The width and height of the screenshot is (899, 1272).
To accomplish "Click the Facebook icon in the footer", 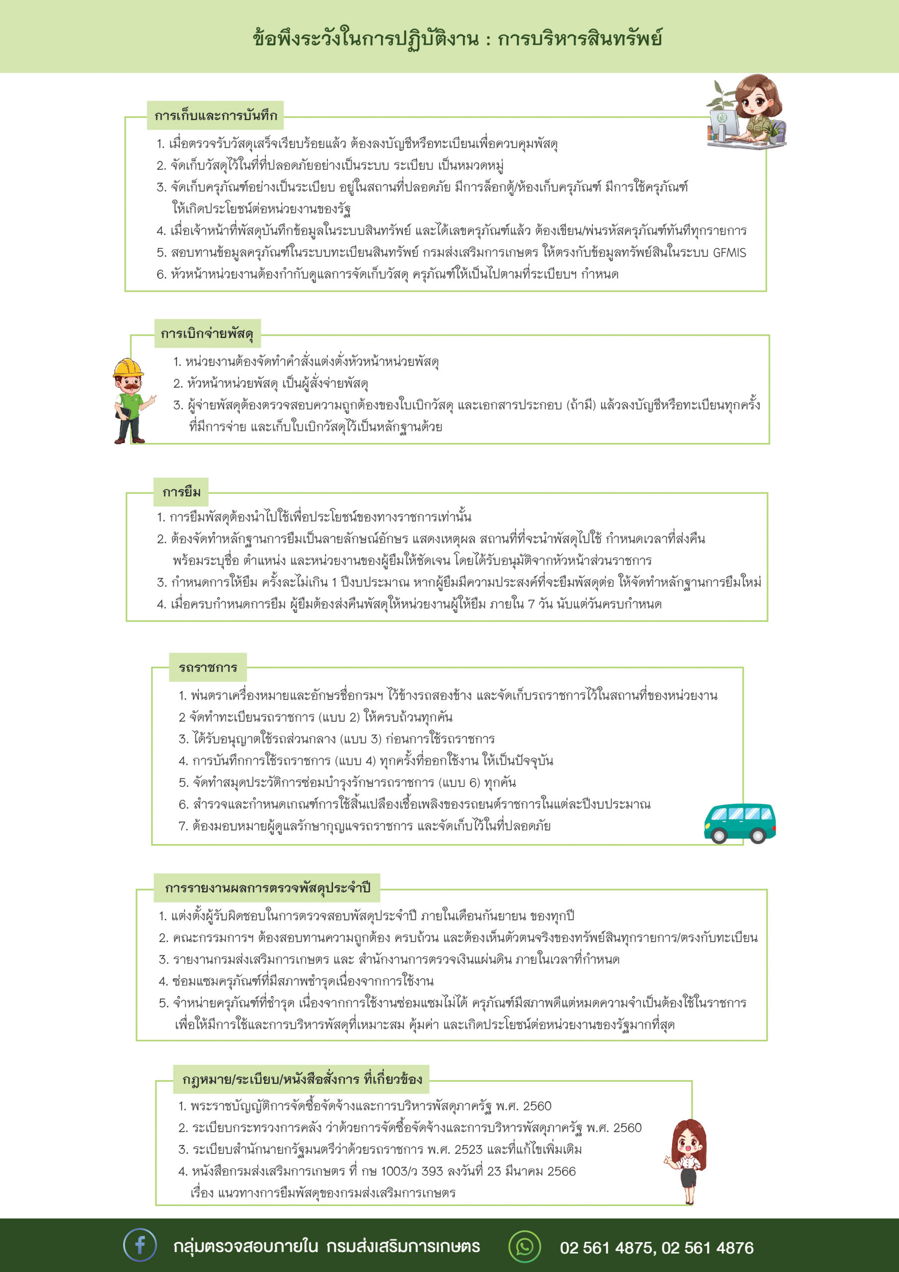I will coord(140,1245).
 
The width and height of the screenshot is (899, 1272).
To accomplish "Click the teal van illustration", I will coord(740,823).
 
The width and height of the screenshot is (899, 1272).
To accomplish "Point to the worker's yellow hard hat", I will coord(128,367).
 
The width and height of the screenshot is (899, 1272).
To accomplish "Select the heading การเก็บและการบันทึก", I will coord(216,116).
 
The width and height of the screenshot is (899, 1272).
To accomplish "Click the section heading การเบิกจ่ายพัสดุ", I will coord(207,333).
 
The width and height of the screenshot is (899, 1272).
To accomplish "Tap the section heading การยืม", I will coord(181,491).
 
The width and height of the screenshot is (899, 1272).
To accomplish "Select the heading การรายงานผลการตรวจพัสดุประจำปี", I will coord(267,887).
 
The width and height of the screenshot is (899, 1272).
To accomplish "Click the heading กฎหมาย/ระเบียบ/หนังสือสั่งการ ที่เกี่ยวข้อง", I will coord(302,1079).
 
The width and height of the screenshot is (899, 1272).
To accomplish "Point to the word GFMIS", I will coord(729,252).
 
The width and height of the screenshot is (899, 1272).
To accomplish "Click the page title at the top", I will coord(457,39).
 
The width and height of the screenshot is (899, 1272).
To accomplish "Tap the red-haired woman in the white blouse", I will coord(688,1159).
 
